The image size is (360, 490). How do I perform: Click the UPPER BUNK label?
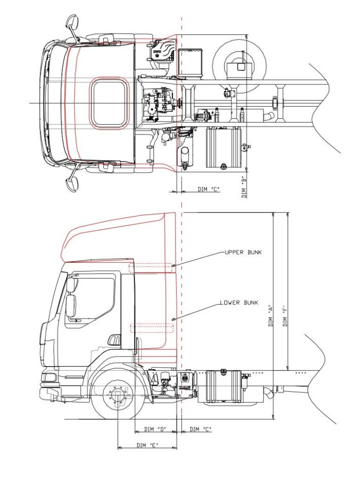pos(243,252)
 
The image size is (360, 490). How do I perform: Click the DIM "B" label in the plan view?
pos(244,187)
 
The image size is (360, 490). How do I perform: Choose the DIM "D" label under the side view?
pos(155,429)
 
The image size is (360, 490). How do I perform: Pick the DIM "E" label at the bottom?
pos(147,445)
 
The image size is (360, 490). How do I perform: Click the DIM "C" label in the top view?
pos(208,189)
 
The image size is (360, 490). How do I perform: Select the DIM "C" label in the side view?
pos(200,429)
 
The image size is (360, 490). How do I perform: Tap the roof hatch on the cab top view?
pos(109,103)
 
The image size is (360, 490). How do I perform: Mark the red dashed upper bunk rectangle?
pos(150,267)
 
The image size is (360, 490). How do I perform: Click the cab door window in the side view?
pos(94,299)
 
